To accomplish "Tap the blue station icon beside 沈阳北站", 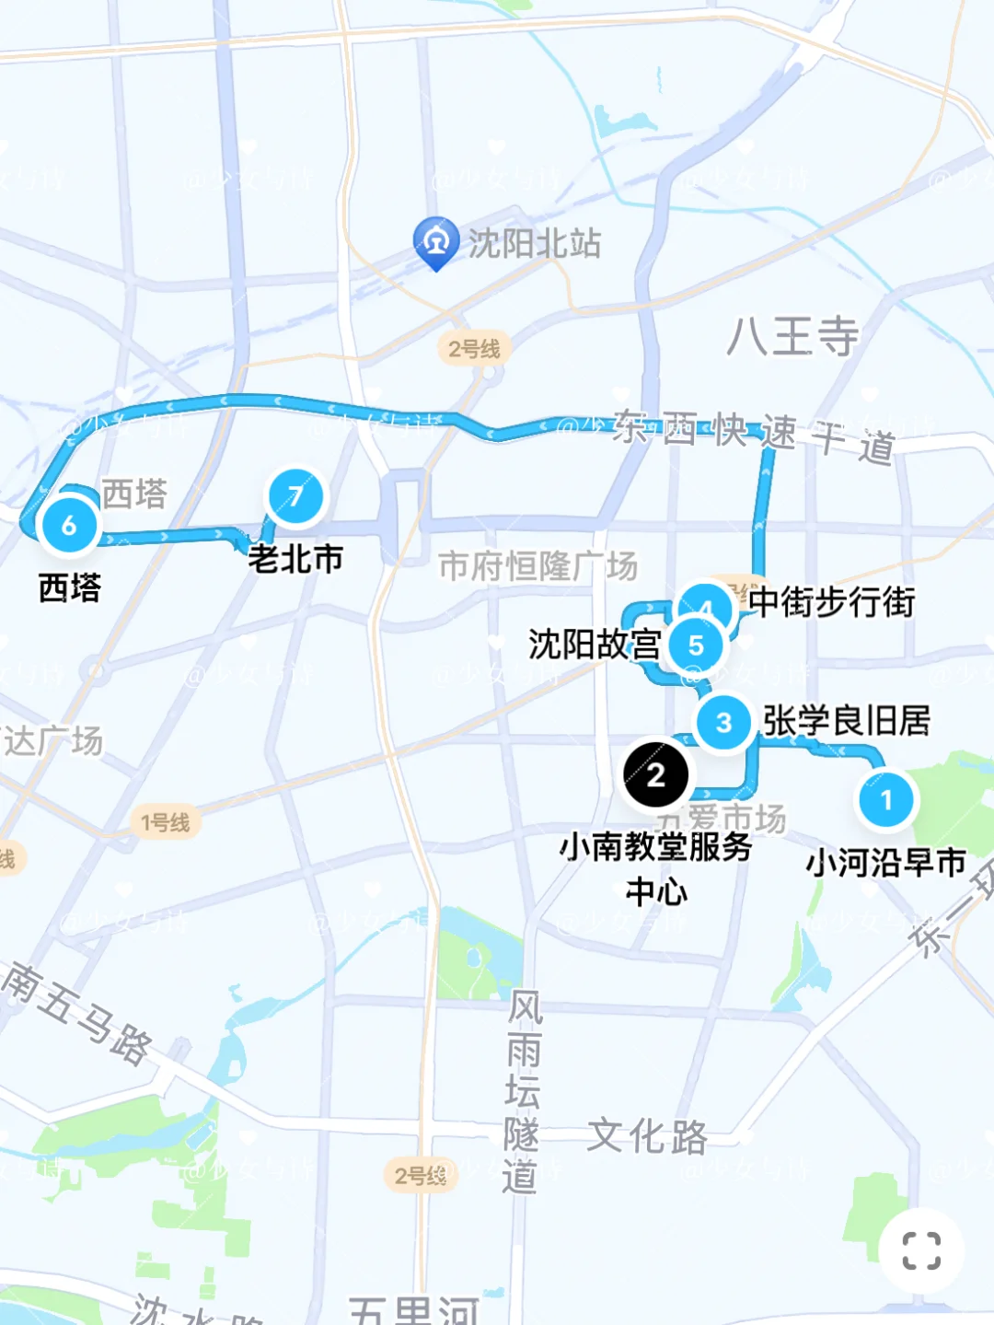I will click(435, 241).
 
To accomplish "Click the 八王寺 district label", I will click(792, 336).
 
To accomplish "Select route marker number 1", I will click(886, 799).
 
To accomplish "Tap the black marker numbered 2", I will click(655, 774).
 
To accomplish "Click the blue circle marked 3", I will click(723, 723).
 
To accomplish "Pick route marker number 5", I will click(696, 645).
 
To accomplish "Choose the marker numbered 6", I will click(69, 526).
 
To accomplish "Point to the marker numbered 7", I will click(295, 496).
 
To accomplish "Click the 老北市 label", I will click(295, 558).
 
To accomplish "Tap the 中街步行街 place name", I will click(831, 602).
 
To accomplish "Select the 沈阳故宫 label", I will click(595, 645).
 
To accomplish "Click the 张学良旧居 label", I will click(847, 721).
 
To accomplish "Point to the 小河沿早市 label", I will click(885, 863).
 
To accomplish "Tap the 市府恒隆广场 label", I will click(537, 565).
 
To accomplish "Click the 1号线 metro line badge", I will click(166, 821).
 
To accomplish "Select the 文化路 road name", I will click(648, 1136).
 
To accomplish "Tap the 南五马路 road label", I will click(77, 1013).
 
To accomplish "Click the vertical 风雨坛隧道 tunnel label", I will click(522, 1092).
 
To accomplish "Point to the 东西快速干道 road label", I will click(753, 436).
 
